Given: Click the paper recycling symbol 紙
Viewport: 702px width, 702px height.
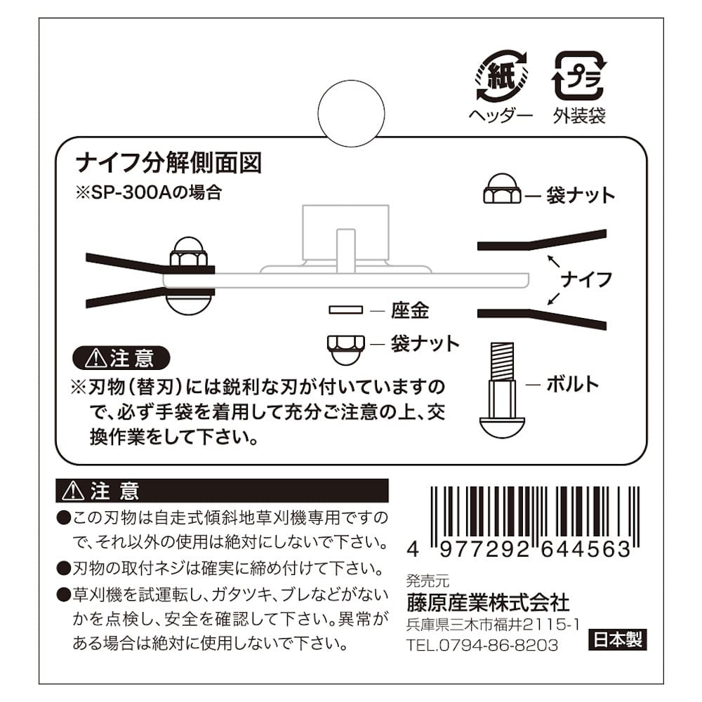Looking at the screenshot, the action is (x=501, y=76).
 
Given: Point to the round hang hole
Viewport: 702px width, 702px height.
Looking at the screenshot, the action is (x=351, y=113).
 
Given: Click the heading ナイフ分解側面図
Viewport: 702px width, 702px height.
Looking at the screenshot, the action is (x=168, y=163).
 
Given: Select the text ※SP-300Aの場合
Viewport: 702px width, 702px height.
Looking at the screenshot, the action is (x=149, y=193).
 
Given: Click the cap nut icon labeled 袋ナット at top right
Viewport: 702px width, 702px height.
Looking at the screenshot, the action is (x=502, y=189).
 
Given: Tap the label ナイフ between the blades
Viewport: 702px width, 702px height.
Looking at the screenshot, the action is (x=586, y=280).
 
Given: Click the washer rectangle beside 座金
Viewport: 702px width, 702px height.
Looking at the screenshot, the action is (x=345, y=310).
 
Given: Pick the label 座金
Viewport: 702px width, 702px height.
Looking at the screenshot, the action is (x=410, y=310).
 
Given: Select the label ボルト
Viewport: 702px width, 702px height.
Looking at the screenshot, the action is (x=573, y=385).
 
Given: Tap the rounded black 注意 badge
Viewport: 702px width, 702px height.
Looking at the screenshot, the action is (x=121, y=359).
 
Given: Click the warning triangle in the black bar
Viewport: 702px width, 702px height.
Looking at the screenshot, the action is (x=74, y=491).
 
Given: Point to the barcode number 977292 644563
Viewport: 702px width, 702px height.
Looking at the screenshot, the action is (x=535, y=549).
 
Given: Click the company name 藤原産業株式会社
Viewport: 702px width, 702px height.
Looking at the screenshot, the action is (x=488, y=602).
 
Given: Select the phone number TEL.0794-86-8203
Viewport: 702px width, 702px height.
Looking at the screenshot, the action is (x=482, y=645).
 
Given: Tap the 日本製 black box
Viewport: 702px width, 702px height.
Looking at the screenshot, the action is (x=617, y=640).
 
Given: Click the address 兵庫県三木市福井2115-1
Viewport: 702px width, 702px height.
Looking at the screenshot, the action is (x=494, y=625).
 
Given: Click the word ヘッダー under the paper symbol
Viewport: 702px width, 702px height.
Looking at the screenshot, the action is (x=501, y=116).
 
